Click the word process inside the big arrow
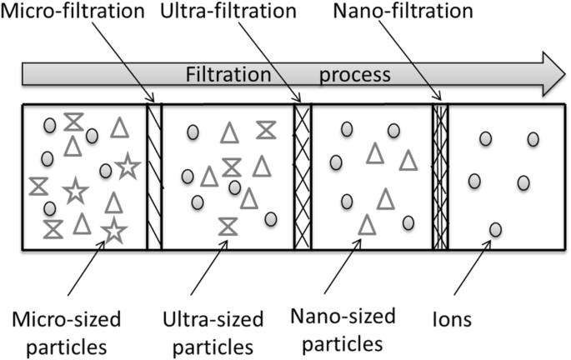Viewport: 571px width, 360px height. tap(355, 74)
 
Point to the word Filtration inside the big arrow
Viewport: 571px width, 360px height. tap(228, 74)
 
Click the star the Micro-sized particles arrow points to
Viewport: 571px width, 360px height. tap(113, 228)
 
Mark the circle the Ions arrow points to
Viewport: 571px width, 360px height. tap(495, 229)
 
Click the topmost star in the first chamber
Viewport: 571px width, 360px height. tap(127, 167)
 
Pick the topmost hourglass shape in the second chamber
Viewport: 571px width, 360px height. tap(267, 129)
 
